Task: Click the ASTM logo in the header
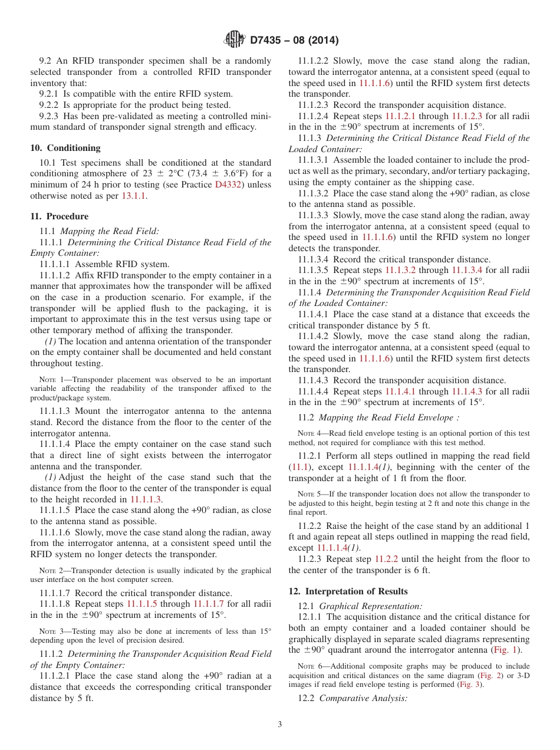pyautogui.click(x=235, y=41)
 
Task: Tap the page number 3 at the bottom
pyautogui.click(x=280, y=724)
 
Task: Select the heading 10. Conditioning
pyautogui.click(x=74, y=148)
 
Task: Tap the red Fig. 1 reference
pyautogui.click(x=506, y=650)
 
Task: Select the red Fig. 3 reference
pyautogui.click(x=470, y=685)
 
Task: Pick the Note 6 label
pyautogui.click(x=308, y=666)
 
